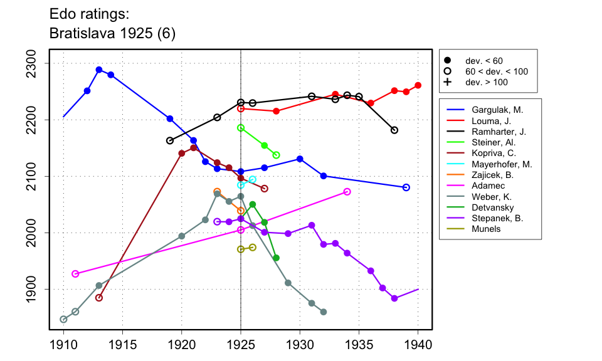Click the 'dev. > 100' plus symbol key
pyautogui.click(x=447, y=82)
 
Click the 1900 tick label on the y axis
pyautogui.click(x=34, y=289)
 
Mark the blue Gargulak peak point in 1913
pyautogui.click(x=99, y=70)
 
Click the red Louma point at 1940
pyautogui.click(x=418, y=85)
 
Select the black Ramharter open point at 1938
pyautogui.click(x=394, y=130)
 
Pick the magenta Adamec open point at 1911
pyautogui.click(x=75, y=274)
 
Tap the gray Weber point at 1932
pyautogui.click(x=324, y=312)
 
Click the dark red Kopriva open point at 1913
pyautogui.click(x=99, y=298)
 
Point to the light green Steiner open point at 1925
pyautogui.click(x=241, y=128)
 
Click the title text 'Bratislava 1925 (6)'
pyautogui.click(x=112, y=34)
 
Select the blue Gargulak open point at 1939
pyautogui.click(x=406, y=187)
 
